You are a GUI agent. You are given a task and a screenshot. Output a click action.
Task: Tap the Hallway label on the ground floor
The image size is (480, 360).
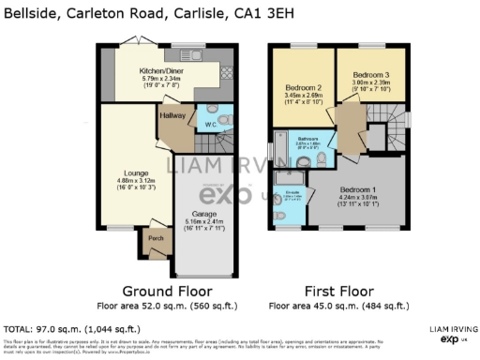(x=172, y=115)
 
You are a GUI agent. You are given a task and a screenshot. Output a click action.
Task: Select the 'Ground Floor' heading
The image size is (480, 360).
(x=167, y=291)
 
